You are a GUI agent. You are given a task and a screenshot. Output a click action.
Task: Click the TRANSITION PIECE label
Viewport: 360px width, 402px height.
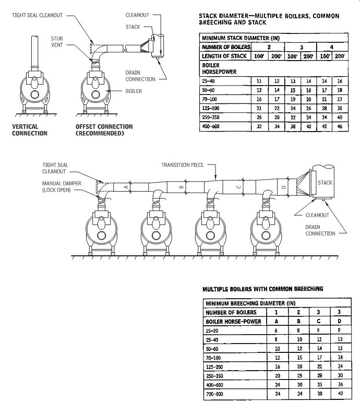(183, 165)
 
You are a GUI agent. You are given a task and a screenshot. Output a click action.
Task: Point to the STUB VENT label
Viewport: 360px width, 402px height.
(57, 42)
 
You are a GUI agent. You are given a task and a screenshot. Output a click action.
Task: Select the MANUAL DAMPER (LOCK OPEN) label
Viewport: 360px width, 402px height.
(62, 187)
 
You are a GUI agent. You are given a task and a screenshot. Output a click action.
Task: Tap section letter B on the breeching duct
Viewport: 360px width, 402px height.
(182, 187)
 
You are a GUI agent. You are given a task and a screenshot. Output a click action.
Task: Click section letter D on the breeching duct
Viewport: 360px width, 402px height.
(283, 187)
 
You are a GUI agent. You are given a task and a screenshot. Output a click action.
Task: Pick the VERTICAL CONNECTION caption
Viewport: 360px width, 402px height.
(29, 130)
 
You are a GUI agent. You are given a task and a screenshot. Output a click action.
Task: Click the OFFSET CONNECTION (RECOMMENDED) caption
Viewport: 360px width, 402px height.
(104, 130)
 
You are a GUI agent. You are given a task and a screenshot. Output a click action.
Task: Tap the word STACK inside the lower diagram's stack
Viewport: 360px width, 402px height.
(325, 183)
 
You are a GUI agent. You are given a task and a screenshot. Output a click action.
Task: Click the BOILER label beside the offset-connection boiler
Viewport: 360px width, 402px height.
(134, 91)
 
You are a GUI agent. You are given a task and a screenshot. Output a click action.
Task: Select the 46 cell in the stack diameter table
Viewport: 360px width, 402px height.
(340, 126)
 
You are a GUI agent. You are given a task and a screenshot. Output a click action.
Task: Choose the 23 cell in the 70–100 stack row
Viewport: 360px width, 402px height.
(340, 99)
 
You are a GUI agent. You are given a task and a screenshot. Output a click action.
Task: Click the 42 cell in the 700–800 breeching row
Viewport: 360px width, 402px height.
(340, 393)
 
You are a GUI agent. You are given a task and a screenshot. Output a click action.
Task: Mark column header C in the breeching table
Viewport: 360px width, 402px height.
(318, 321)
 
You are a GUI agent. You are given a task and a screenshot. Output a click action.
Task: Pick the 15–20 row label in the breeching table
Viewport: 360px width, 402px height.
(212, 330)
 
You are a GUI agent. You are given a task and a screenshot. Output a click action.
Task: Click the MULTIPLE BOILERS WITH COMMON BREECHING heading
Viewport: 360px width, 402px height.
(262, 289)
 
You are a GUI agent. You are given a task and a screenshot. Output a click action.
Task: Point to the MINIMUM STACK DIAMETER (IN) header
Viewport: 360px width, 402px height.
(241, 38)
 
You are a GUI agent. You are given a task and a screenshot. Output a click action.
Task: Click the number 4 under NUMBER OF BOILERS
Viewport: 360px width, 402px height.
(331, 47)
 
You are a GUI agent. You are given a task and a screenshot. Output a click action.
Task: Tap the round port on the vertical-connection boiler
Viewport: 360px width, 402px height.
(35, 94)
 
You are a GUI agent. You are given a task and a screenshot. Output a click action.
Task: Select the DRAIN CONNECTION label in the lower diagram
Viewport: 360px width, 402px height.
(320, 230)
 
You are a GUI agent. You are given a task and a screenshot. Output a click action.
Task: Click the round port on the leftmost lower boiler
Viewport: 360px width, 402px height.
(101, 235)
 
